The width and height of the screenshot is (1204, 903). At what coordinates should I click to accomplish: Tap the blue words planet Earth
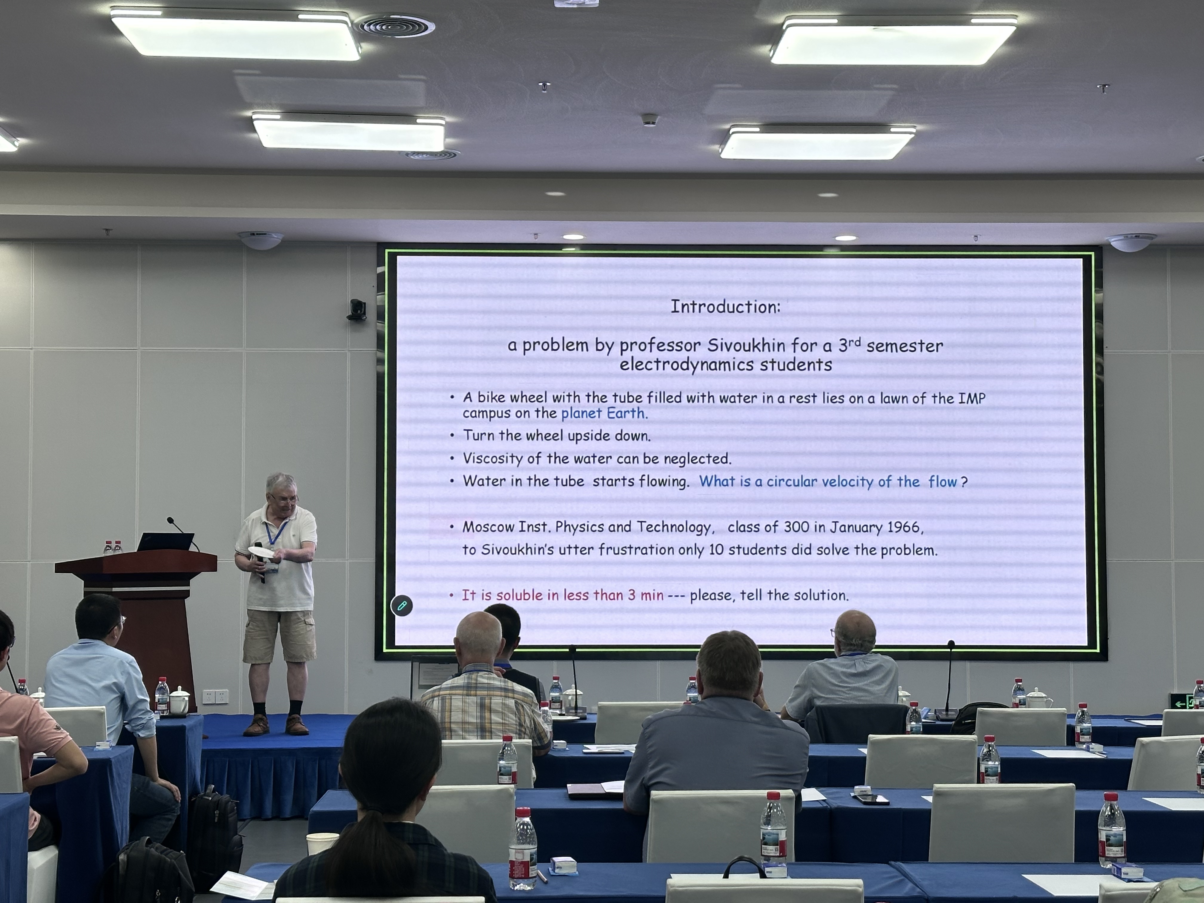pos(603,413)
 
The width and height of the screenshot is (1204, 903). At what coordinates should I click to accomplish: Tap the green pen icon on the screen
pos(402,605)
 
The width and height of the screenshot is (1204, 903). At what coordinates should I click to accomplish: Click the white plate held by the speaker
pos(262,551)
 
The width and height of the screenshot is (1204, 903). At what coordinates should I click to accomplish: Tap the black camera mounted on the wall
pos(357,310)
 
